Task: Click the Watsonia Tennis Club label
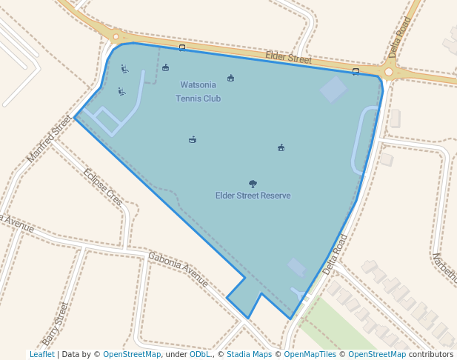[x=198, y=92]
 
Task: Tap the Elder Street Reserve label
[x=253, y=196]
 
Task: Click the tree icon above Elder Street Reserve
[x=253, y=183]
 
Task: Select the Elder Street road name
[x=289, y=57]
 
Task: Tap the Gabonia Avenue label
[x=178, y=268]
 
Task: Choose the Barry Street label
[x=56, y=324]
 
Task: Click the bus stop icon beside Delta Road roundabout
[x=356, y=72]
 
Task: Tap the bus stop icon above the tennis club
[x=182, y=48]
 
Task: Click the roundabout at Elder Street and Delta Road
[x=389, y=72]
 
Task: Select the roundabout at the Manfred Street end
[x=115, y=36]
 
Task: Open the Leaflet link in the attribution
[x=41, y=354]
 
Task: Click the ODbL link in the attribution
[x=199, y=354]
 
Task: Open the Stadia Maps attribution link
[x=249, y=354]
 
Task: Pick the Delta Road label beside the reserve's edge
[x=335, y=255]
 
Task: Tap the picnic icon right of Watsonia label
[x=230, y=78]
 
